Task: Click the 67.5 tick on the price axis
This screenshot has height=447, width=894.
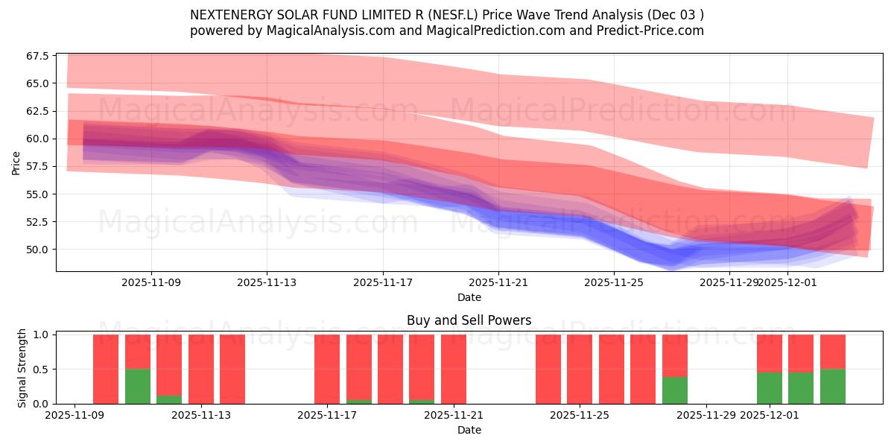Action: click(38, 56)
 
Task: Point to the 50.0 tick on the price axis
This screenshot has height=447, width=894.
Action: click(38, 249)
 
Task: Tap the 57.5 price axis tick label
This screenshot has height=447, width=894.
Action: click(38, 166)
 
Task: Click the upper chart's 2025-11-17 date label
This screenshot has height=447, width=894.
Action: click(383, 282)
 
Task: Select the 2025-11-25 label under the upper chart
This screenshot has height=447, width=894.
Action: click(614, 282)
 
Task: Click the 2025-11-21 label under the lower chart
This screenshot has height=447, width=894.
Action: click(454, 416)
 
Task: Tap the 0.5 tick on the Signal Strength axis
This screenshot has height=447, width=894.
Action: click(42, 369)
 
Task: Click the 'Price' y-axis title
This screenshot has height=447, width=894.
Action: click(16, 162)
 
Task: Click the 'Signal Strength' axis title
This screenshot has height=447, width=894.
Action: click(22, 368)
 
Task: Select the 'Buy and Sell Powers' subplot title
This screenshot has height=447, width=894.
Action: click(469, 320)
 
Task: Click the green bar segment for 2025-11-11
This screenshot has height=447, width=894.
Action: click(138, 386)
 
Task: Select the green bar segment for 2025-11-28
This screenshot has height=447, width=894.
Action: click(675, 390)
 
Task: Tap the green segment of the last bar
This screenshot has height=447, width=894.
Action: click(833, 386)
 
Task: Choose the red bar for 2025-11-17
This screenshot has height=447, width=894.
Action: click(327, 369)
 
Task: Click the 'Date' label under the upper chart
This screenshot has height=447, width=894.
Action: click(469, 297)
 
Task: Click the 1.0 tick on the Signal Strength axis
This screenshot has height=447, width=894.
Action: click(42, 335)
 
